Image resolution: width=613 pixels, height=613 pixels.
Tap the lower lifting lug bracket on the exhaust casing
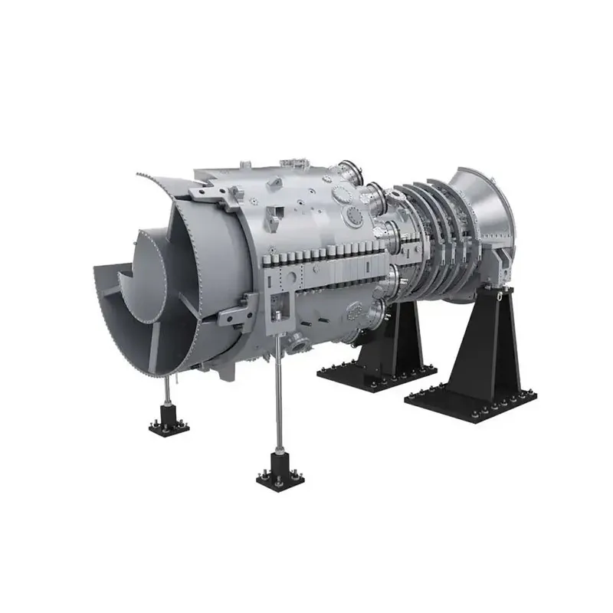click(x=234, y=314)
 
